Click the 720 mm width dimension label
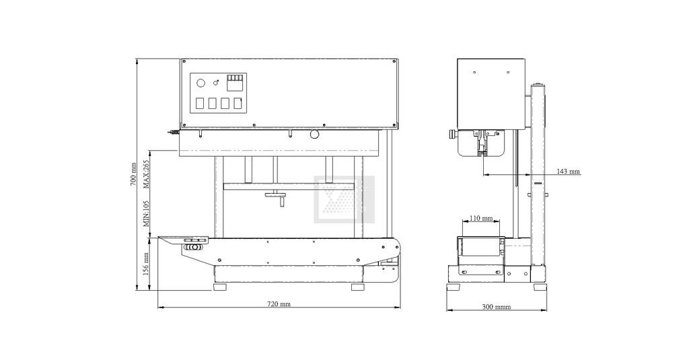[x=279, y=304]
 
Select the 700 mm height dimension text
[x=133, y=174]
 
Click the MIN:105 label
[x=146, y=213]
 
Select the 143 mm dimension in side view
[x=568, y=172]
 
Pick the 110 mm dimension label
[x=480, y=219]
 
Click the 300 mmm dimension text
[x=496, y=307]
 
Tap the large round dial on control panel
[x=200, y=83]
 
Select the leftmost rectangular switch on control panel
[x=200, y=104]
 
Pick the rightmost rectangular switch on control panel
[x=237, y=104]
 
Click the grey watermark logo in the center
[x=344, y=199]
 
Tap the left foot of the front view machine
[x=221, y=287]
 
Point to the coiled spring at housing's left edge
[x=176, y=133]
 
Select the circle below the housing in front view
[x=314, y=135]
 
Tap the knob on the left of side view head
[x=449, y=135]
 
